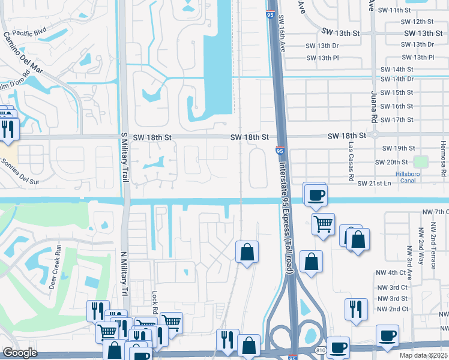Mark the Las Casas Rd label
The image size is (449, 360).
[350, 162]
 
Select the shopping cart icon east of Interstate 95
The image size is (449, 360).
[323, 224]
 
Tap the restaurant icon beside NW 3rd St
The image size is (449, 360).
[356, 308]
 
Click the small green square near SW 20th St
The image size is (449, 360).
[421, 161]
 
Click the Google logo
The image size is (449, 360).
[20, 353]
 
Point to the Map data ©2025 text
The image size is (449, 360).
[423, 355]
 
